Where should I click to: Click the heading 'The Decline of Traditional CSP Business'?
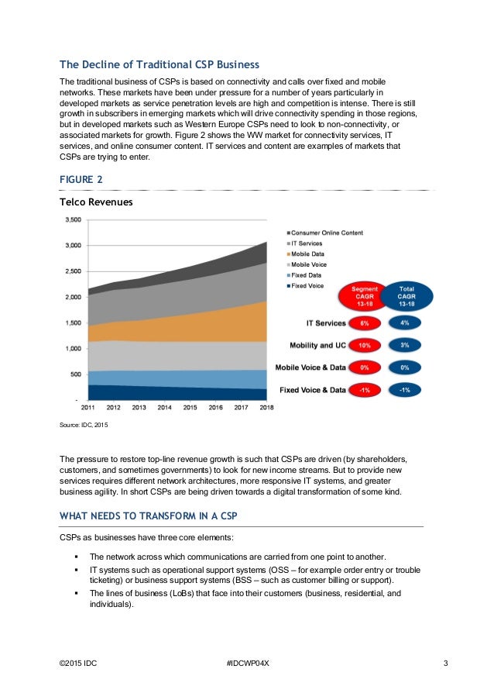point(159,64)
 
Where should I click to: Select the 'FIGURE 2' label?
point(81,180)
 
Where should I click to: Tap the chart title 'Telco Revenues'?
point(96,202)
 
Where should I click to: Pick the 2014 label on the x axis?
point(165,406)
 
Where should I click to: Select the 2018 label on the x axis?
point(267,406)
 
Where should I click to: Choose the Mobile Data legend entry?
point(308,254)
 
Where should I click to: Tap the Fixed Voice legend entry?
point(308,286)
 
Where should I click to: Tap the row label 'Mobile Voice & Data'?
point(310,367)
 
